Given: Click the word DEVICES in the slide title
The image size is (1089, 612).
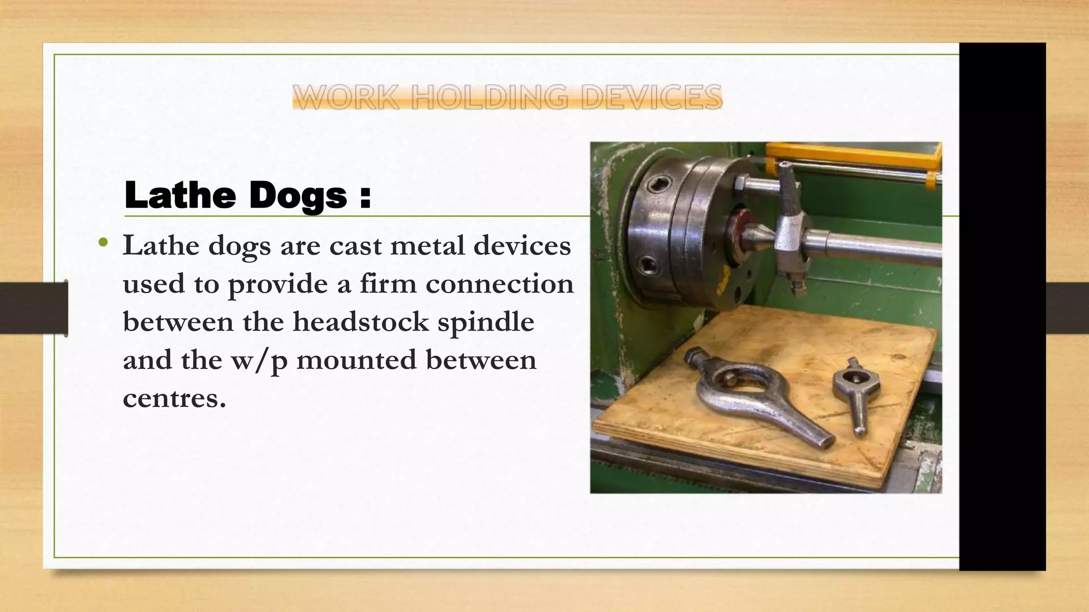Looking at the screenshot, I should pos(651,97).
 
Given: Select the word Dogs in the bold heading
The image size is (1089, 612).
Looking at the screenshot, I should pos(298,195).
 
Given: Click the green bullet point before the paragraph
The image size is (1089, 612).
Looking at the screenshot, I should pos(103,243).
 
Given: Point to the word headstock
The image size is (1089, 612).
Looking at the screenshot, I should pos(361,322).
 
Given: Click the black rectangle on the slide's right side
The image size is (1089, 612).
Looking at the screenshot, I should pos(1002,306).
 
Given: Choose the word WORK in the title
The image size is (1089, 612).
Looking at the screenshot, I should pos(346,97).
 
